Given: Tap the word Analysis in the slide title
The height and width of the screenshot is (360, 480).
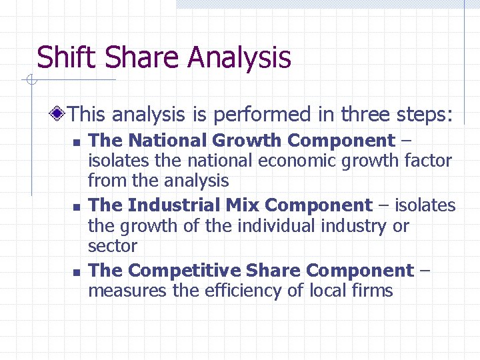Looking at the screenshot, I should pos(239,59).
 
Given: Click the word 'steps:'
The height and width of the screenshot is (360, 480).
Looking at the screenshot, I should pos(424,115).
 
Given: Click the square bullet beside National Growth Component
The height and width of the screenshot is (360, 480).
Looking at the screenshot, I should pos(77,142).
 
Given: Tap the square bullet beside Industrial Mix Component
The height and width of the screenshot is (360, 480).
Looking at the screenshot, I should pos(77,207).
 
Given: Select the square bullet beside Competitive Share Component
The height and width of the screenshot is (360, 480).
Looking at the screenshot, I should pos(77,272).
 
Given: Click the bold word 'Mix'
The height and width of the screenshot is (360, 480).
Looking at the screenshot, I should pos(241,205).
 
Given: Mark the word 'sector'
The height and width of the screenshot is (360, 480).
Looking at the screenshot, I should pos(112,246).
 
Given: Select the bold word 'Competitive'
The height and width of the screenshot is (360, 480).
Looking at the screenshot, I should pos(184,271).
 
